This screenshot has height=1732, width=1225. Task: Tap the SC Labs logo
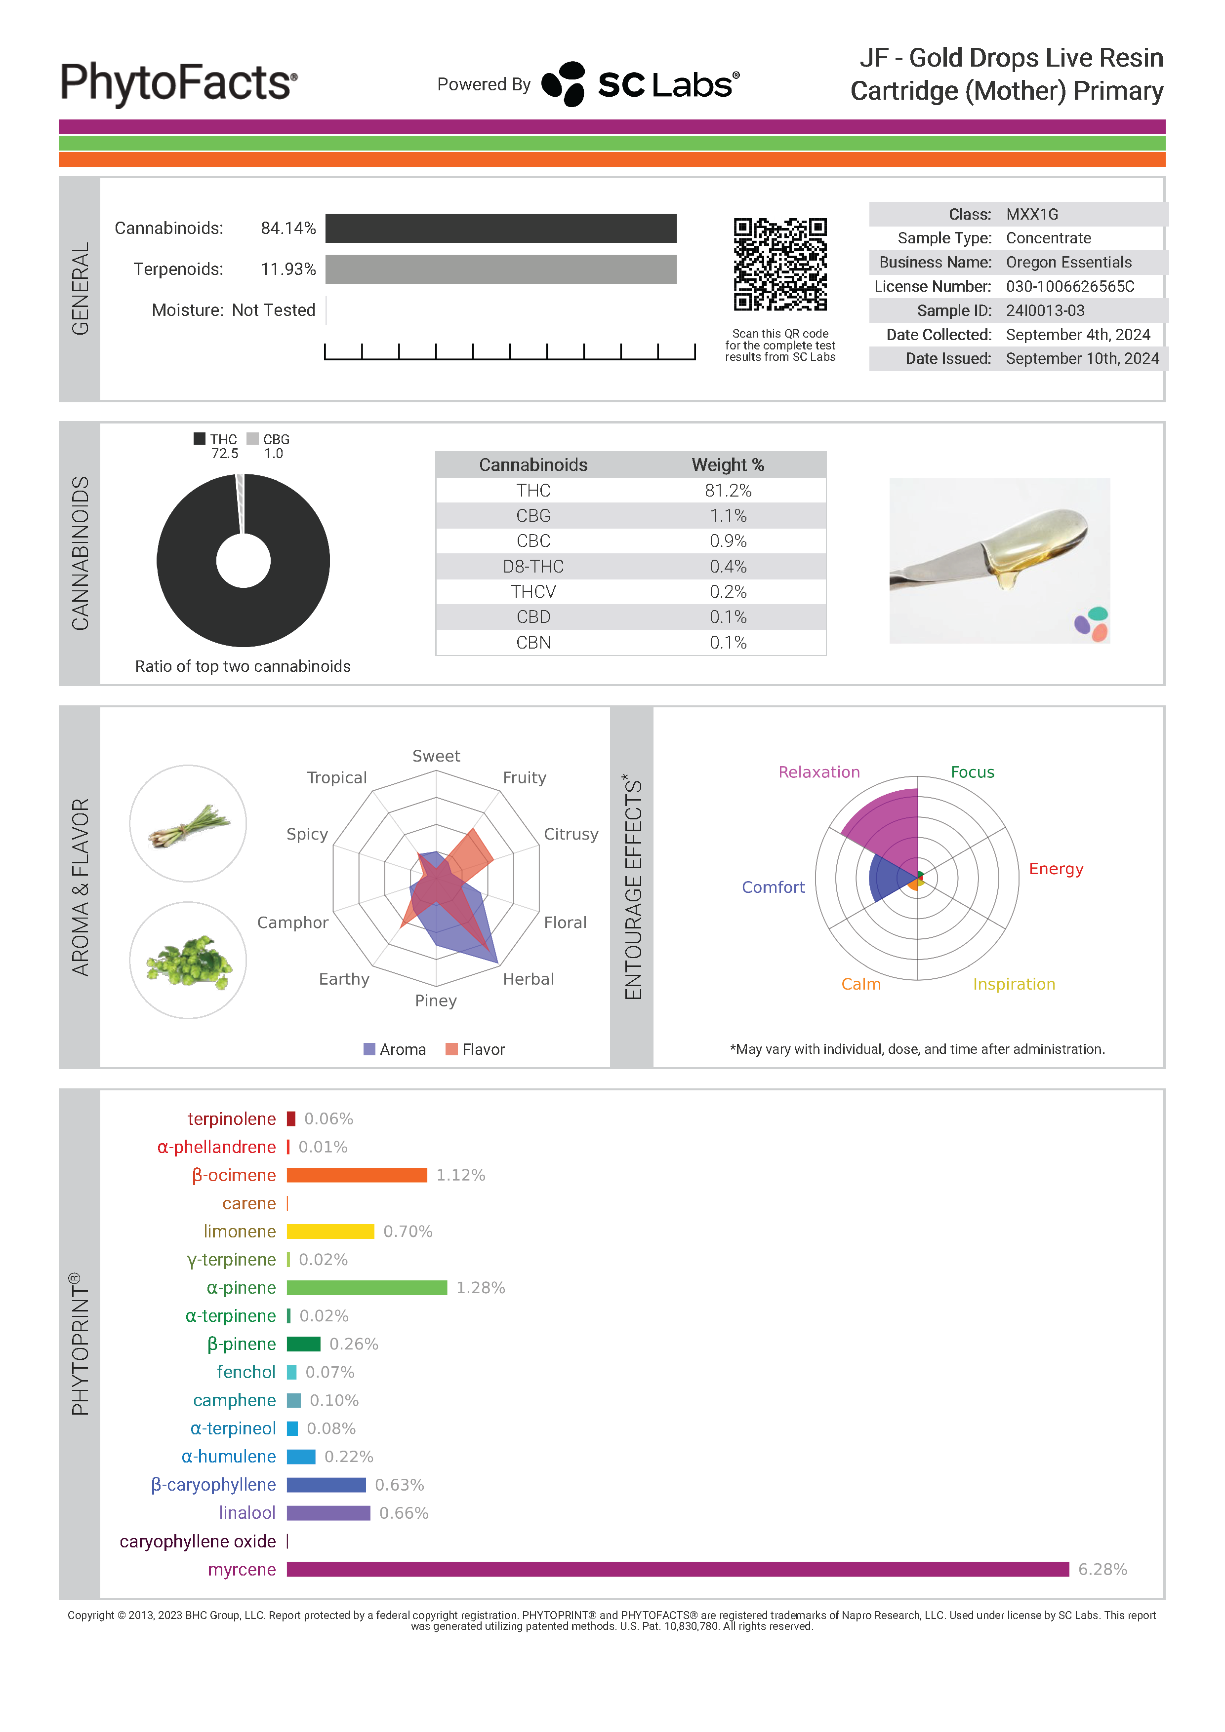tap(640, 84)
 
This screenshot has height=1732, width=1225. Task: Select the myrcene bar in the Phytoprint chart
tap(678, 1569)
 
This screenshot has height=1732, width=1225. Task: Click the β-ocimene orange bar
tap(357, 1175)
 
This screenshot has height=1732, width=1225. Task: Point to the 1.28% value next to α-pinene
tap(481, 1288)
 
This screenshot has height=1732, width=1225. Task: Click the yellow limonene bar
tap(330, 1231)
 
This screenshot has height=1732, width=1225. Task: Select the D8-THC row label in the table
tap(533, 567)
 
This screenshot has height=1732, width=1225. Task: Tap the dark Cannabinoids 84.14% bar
tap(501, 229)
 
